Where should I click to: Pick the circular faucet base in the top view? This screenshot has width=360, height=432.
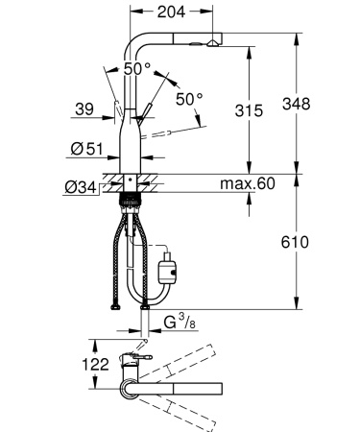click(129, 388)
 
